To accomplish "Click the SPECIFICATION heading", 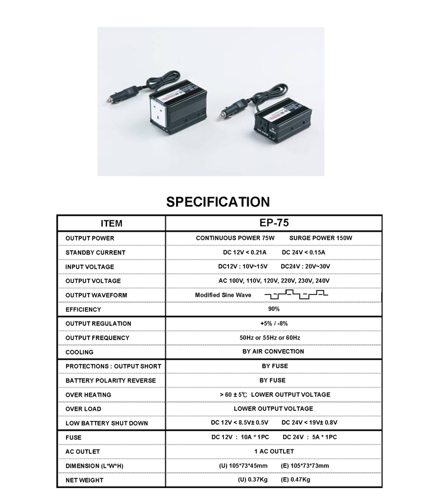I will coord(218,202).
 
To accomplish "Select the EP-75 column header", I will coord(274,223).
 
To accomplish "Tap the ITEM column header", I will coord(111,224).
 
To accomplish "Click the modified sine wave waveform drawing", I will coord(296,295).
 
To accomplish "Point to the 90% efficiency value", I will coord(274,309).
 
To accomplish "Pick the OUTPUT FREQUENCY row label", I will coord(98,338).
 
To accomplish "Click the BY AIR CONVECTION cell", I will coord(274,351).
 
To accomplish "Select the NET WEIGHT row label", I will coord(84,480).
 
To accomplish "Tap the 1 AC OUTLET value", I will coord(274,452).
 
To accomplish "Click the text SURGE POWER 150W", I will coord(321,238).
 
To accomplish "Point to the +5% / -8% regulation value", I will coord(274,323).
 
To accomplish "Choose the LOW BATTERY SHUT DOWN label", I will coord(107,423).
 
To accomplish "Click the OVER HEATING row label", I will coord(89,394).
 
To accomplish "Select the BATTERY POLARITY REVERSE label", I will coord(111,380).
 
